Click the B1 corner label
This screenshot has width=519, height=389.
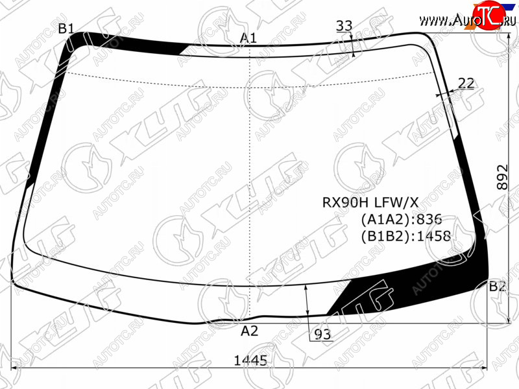(66, 29)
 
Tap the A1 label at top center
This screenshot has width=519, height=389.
(248, 38)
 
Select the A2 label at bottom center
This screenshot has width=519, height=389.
(249, 331)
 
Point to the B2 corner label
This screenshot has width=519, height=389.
(497, 286)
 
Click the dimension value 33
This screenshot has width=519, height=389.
(344, 25)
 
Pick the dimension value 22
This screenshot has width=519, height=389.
(466, 84)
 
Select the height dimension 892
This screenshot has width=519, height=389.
(502, 177)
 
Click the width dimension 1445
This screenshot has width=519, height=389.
(250, 360)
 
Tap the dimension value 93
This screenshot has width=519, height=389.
(322, 335)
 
